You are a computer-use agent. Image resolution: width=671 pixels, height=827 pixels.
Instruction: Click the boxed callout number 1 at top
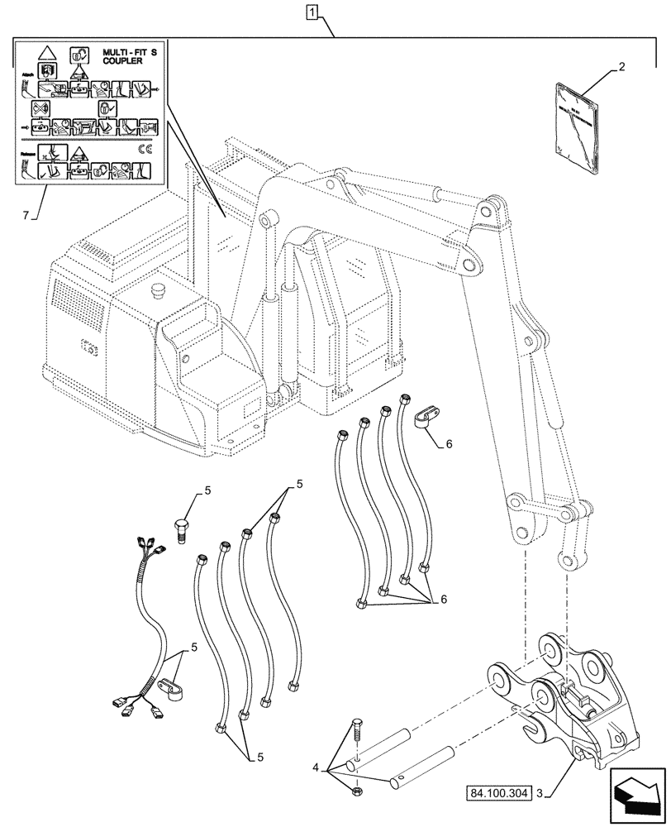[311, 12]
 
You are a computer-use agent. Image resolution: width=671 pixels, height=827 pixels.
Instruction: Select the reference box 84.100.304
[500, 792]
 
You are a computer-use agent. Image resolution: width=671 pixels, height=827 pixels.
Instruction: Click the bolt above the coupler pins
[356, 731]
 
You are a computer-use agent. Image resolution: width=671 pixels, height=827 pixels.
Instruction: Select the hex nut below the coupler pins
[353, 791]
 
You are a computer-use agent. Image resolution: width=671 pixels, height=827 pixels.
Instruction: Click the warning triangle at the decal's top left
[48, 51]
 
